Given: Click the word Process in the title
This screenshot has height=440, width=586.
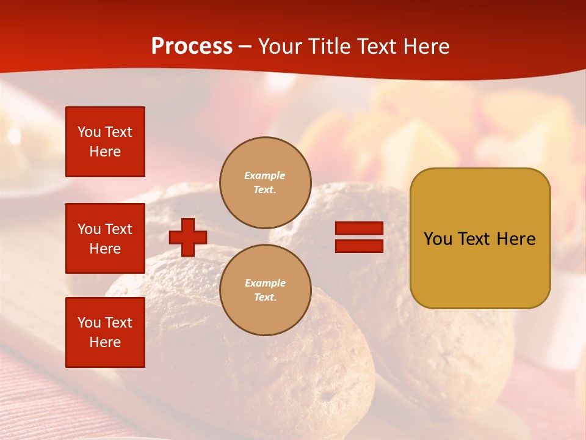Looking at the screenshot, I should [192, 46].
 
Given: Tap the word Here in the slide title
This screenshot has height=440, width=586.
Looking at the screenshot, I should [425, 46].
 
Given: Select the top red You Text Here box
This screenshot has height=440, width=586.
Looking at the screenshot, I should [105, 142].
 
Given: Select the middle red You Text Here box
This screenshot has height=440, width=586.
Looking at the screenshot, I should [105, 238].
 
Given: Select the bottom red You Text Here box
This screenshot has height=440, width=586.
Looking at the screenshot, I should [105, 332].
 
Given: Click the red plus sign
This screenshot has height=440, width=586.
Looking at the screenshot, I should [188, 237].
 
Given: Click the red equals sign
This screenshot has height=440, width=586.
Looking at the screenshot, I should [359, 237].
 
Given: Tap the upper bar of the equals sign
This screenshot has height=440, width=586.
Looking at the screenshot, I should [359, 229].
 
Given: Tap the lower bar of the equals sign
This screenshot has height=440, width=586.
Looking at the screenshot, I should [359, 246].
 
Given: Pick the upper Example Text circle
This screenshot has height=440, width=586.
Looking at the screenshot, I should [265, 183].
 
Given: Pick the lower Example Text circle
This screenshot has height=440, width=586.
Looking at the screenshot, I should [265, 290].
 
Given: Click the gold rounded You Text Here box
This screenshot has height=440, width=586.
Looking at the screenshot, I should [480, 238].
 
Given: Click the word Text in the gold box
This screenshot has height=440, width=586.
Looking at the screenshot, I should [474, 239].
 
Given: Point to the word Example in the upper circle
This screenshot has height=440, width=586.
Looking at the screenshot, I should [265, 175].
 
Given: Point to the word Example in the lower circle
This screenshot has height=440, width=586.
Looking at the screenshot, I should [265, 283].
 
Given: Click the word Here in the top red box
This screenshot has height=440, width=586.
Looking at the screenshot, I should [105, 152].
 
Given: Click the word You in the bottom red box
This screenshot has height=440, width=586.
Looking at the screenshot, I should [89, 323].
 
